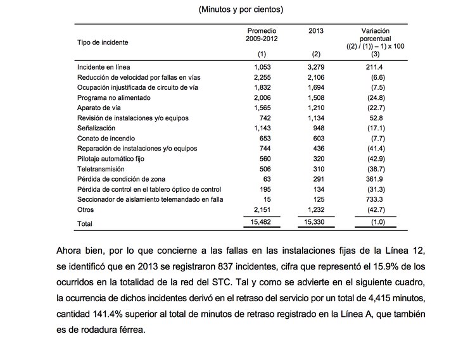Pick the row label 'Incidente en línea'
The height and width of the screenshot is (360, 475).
point(103,66)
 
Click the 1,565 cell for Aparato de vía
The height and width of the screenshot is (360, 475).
point(262,108)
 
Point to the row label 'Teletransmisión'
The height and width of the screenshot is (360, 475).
point(101,169)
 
